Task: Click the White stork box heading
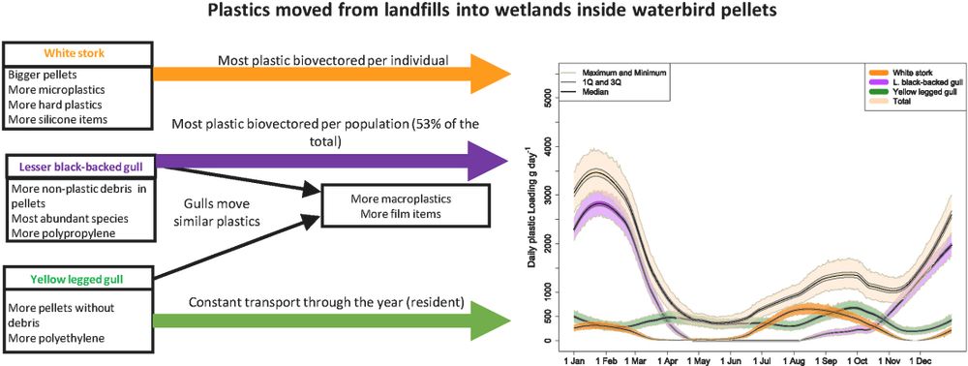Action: point(77,53)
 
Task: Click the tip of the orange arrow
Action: point(510,74)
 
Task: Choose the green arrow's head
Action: point(491,320)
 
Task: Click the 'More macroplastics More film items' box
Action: point(405,207)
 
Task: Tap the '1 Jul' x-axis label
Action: point(764,357)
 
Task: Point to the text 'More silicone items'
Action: point(58,119)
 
